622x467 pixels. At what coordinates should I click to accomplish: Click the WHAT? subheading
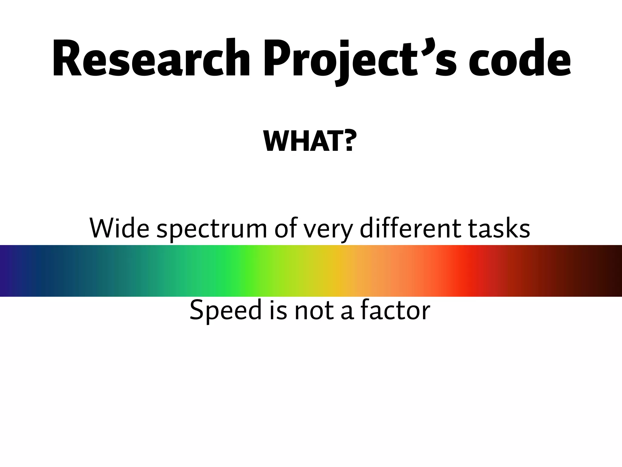[x=309, y=141]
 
